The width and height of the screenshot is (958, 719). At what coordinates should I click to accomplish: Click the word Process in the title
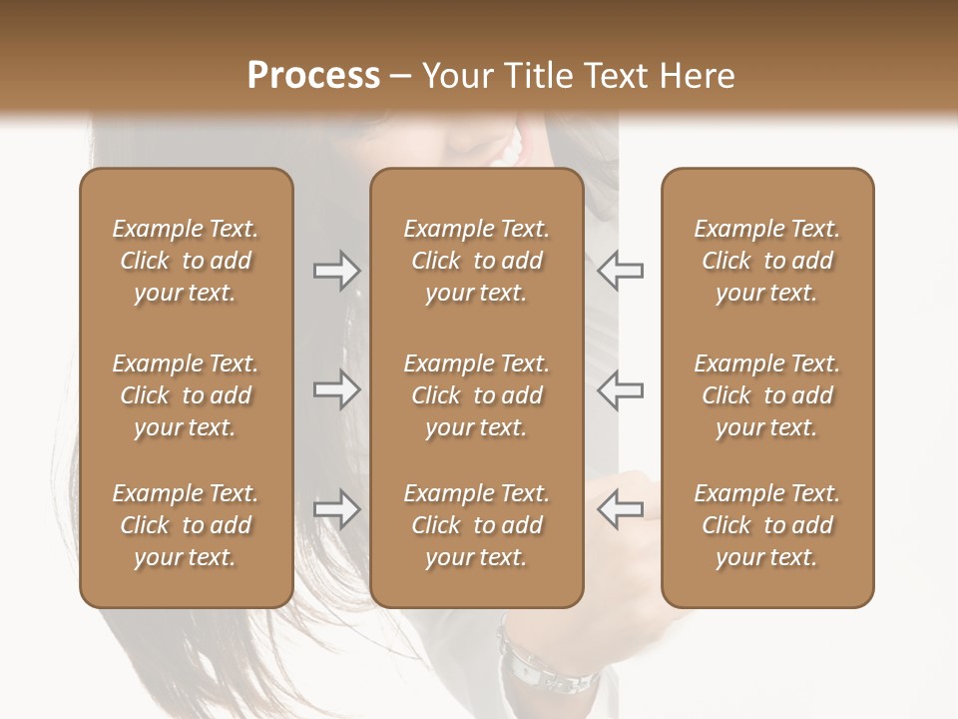tap(313, 75)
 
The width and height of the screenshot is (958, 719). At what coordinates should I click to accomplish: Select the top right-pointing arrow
tap(336, 271)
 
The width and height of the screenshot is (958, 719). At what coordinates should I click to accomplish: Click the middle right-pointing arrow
tap(336, 389)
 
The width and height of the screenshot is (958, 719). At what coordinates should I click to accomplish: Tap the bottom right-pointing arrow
tap(336, 509)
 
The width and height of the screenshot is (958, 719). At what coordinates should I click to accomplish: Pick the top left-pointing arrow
tap(620, 271)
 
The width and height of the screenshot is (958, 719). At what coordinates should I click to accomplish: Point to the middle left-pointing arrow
tap(620, 389)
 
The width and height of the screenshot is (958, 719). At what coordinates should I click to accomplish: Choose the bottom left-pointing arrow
tap(620, 509)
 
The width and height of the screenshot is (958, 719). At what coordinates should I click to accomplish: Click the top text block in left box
tap(186, 261)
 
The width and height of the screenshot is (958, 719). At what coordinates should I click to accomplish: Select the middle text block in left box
tap(186, 395)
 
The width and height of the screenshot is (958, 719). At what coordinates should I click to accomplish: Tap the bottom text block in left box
tap(186, 525)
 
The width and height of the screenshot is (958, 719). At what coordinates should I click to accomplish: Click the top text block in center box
tap(476, 261)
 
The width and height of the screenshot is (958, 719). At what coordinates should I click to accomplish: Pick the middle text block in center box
tap(476, 395)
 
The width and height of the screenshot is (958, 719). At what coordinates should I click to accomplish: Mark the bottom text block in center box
tap(476, 525)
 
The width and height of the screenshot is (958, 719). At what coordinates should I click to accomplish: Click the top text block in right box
tap(767, 261)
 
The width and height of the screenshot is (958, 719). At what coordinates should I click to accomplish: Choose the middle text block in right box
tap(767, 395)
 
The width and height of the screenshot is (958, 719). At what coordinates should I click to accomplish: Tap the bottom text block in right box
tap(767, 525)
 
